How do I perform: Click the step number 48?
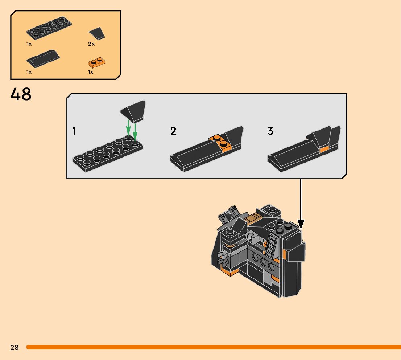[x=21, y=94]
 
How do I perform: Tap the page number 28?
[x=14, y=347]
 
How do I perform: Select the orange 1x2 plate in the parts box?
[x=98, y=62]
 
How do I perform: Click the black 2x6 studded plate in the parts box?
[x=49, y=28]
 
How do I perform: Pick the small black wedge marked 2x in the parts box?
[x=97, y=34]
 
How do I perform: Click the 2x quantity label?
[x=91, y=44]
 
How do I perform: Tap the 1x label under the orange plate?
[x=91, y=72]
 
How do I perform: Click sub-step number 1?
[x=74, y=131]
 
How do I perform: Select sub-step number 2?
[x=173, y=131]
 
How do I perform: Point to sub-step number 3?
[x=270, y=131]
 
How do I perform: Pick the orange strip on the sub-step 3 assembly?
[x=324, y=149]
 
